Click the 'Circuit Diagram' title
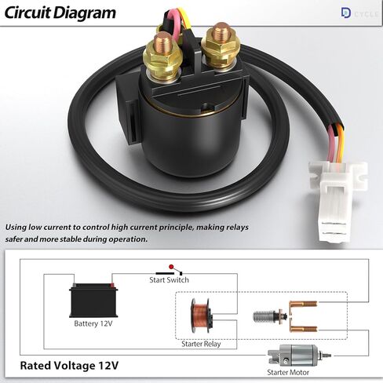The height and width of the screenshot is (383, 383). (60, 13)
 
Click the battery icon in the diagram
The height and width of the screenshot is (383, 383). (93, 300)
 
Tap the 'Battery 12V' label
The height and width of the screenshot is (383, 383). (93, 323)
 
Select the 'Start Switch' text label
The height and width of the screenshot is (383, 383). (170, 280)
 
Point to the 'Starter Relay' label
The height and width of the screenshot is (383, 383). (202, 344)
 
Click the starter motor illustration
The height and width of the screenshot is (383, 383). (291, 357)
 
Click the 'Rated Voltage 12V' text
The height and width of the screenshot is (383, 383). (69, 365)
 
